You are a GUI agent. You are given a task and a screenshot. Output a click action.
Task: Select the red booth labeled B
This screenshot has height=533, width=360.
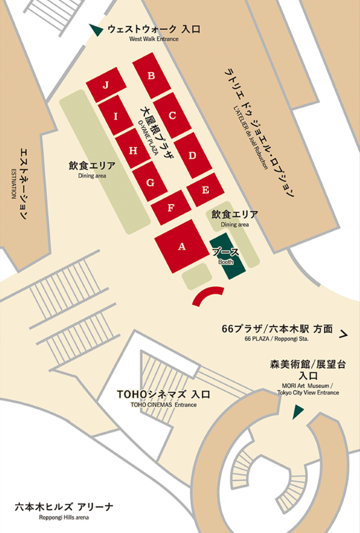[x=152, y=76]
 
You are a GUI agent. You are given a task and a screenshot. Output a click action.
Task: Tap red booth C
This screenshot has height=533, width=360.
[x=172, y=115]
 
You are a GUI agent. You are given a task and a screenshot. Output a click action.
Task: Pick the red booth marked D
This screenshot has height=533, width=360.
[x=193, y=155]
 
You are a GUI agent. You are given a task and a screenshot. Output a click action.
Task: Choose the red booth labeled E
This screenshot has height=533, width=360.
[x=204, y=190]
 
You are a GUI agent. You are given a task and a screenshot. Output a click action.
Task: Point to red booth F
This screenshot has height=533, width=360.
[x=170, y=208]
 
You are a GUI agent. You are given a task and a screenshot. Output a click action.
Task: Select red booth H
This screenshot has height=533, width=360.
[x=133, y=150]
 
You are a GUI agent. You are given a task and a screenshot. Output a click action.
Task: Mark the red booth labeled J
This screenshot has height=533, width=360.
[x=106, y=85]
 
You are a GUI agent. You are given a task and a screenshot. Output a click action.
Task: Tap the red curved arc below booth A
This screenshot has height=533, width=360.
[x=208, y=295]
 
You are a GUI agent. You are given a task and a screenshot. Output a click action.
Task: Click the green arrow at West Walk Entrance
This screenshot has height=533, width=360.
[x=96, y=30]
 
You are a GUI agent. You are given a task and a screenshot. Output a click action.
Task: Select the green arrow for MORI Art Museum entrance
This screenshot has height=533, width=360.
[x=298, y=411]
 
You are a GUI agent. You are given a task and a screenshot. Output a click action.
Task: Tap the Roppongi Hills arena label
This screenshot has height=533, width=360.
[x=64, y=511]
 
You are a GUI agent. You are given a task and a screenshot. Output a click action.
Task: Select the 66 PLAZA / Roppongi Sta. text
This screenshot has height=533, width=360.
[x=277, y=334]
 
